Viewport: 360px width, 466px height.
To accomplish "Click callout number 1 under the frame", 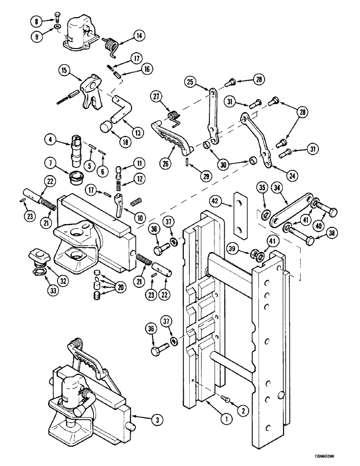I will point(226,419).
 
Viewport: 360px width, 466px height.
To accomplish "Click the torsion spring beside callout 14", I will point(111,45).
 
